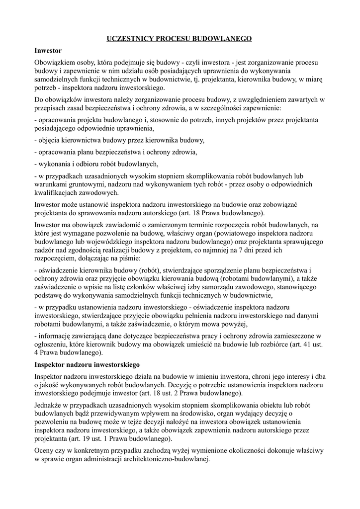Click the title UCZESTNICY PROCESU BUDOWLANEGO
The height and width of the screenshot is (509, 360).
tap(180, 38)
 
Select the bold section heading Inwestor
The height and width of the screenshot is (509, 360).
tap(48, 51)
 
